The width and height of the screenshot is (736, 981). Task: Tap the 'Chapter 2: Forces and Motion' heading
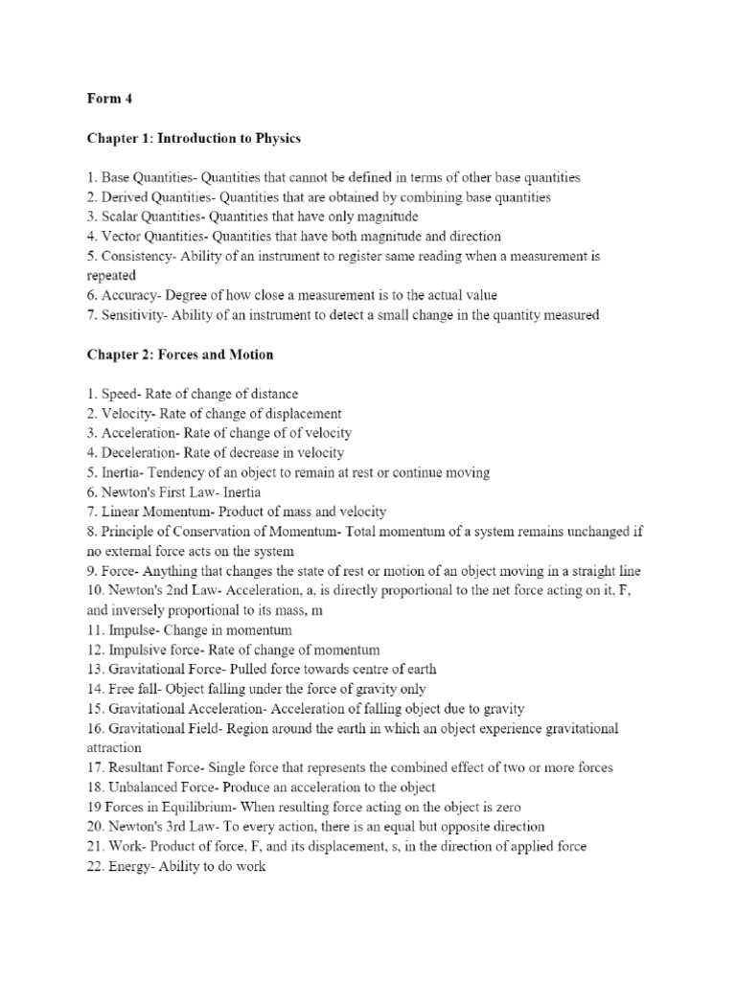[x=180, y=354]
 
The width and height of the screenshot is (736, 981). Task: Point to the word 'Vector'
[x=125, y=236]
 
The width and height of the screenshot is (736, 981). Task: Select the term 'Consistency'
[x=141, y=256]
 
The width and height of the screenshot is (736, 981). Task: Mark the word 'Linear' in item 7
[x=124, y=513]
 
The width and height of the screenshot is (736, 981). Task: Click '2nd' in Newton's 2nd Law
[x=182, y=591]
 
